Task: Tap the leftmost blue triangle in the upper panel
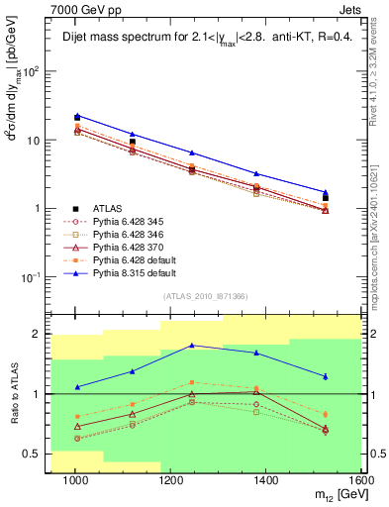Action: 76,115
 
